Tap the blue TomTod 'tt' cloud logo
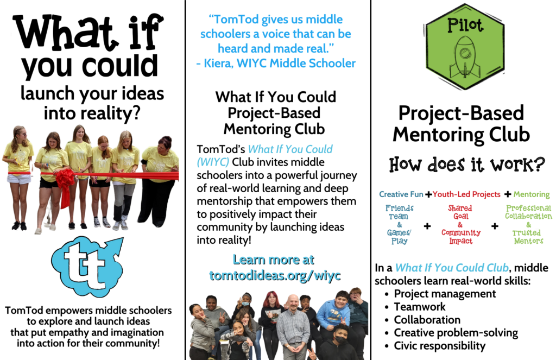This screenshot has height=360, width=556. click(87, 266)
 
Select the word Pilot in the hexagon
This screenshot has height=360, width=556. click(465, 25)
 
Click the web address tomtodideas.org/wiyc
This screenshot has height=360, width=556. click(275, 275)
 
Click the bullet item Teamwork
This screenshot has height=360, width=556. click(420, 306)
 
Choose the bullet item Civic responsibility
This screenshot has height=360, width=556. click(440, 345)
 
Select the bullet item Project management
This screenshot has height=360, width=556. click(445, 294)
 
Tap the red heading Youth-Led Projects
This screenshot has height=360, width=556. click(466, 194)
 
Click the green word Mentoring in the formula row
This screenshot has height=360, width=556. click(532, 194)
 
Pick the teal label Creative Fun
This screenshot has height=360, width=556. click(401, 194)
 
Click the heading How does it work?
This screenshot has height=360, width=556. click(466, 165)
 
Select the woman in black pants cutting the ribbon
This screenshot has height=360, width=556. click(159, 180)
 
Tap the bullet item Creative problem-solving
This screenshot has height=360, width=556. click(456, 333)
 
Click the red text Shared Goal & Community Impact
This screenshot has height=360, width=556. click(460, 224)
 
